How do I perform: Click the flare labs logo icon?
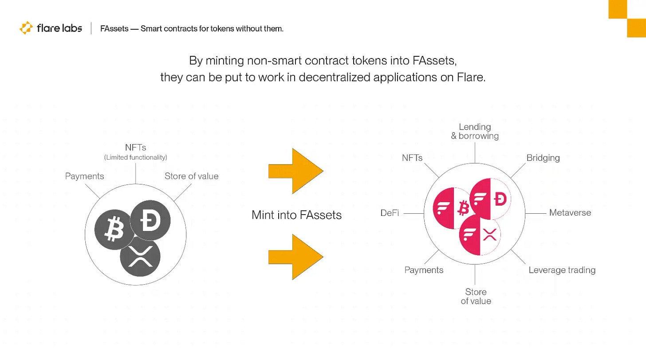click(26, 28)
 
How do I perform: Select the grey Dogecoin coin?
click(150, 220)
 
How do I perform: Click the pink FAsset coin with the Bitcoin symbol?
click(452, 208)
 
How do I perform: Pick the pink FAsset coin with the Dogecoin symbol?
click(490, 199)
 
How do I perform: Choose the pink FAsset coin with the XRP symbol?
click(480, 235)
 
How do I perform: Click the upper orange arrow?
click(295, 171)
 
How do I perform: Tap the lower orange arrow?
click(295, 257)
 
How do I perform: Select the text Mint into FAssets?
click(296, 215)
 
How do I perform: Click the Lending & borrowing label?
click(475, 132)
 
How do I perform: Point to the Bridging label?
click(543, 158)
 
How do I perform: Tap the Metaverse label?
click(570, 213)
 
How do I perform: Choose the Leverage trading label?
click(562, 270)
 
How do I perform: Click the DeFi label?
click(390, 213)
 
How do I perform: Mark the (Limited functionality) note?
click(136, 157)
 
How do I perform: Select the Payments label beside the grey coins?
click(84, 176)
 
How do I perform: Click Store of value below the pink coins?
click(476, 297)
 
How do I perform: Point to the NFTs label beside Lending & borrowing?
click(412, 158)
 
